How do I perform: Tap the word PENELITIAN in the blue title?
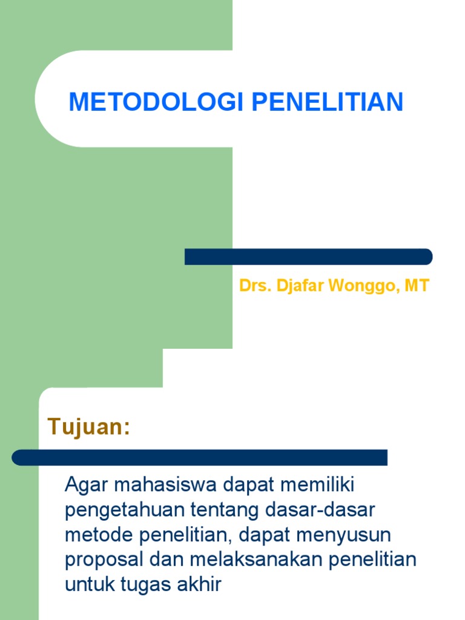327,102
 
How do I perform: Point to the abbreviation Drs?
255,286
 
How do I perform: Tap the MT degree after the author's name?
417,286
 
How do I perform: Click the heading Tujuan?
89,427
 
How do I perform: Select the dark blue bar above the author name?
308,257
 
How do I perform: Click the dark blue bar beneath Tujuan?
200,457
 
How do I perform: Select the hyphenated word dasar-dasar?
321,510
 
